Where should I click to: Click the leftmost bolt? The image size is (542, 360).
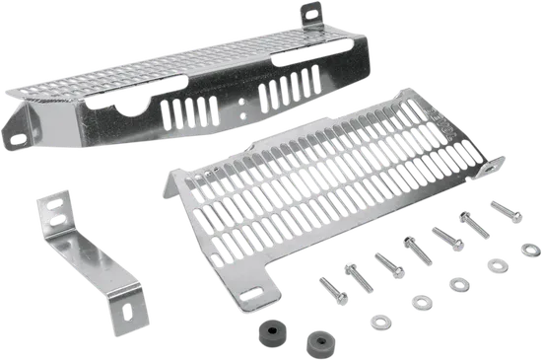coord(326,287)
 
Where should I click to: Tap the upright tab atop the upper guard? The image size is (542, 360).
coord(307,12)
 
